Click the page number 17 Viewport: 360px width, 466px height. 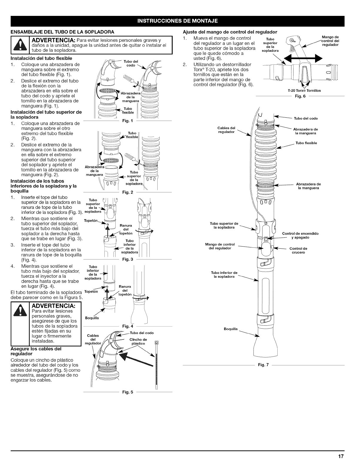pyautogui.click(x=341, y=457)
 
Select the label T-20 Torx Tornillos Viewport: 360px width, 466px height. pyautogui.click(x=304, y=91)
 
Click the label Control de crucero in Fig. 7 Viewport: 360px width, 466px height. pyautogui.click(x=298, y=250)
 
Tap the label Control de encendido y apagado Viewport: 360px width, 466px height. pyautogui.click(x=300, y=235)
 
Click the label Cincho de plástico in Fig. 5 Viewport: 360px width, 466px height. pyautogui.click(x=138, y=341)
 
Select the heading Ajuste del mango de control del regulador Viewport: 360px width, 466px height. pyautogui.click(x=230, y=31)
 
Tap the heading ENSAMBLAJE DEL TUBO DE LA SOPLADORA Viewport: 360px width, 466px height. pyautogui.click(x=62, y=31)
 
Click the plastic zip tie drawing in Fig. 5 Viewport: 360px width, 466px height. pyautogui.click(x=156, y=365)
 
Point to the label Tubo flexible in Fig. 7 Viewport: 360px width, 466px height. pyautogui.click(x=306, y=143)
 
